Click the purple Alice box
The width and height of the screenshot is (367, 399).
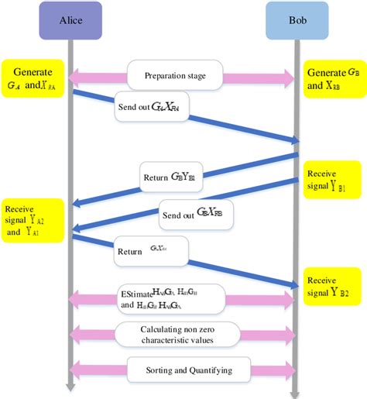tap(70, 20)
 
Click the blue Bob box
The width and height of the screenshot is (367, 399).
tap(297, 20)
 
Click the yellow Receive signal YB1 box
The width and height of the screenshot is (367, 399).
tap(332, 181)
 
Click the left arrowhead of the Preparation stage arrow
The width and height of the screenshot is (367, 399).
tap(75, 77)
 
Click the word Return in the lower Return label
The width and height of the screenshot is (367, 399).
tap(129, 251)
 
